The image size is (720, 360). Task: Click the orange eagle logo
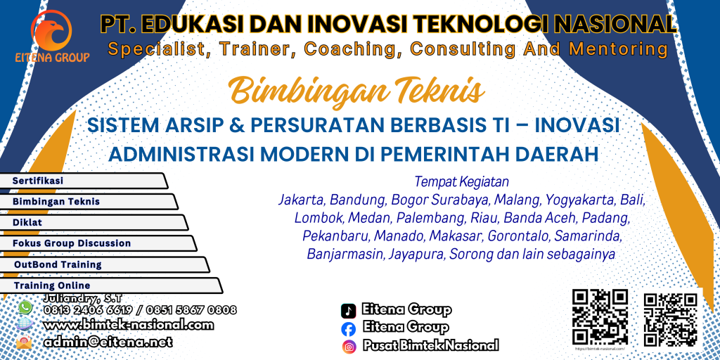[x=51, y=30]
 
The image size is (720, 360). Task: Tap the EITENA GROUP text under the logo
[x=52, y=58]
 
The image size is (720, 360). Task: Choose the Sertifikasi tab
[x=84, y=181]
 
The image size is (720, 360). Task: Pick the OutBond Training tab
[x=104, y=264]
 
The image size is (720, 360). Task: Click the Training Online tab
[x=111, y=285]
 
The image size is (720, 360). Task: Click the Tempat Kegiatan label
[x=461, y=182]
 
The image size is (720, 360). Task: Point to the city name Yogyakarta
[x=576, y=200]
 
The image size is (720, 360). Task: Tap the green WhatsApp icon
[x=25, y=307]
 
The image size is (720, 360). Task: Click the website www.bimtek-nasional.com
[x=129, y=325]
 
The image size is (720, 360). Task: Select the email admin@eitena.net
[x=108, y=342]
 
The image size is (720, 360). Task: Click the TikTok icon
[x=348, y=311]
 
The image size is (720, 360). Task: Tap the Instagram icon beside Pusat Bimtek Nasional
[x=349, y=345]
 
